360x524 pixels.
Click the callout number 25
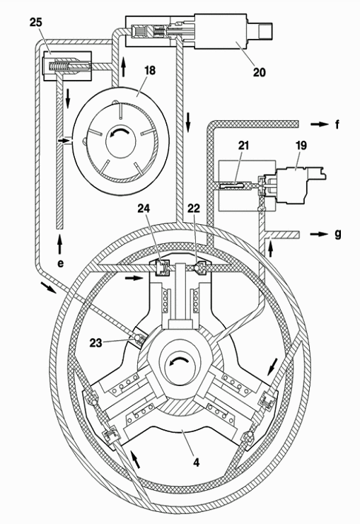coord(36,23)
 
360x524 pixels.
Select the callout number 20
coord(259,72)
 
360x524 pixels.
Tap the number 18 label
coord(150,71)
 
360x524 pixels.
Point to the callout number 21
coord(243,146)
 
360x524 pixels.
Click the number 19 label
coord(301,146)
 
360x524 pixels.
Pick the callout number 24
coord(144,209)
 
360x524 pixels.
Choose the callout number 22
coord(194,209)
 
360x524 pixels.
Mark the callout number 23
coord(96,342)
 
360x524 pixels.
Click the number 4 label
coord(196,462)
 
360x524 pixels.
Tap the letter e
coord(60,263)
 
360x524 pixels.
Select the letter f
coord(337,124)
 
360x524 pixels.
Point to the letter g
coord(338,234)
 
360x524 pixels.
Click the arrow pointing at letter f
coord(320,124)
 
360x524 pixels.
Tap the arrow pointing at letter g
coord(320,234)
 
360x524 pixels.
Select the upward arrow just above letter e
coord(60,244)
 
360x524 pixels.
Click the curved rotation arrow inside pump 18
coord(117,133)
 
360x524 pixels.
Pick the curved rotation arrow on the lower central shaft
coord(178,361)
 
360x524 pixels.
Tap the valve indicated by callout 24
coord(163,268)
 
